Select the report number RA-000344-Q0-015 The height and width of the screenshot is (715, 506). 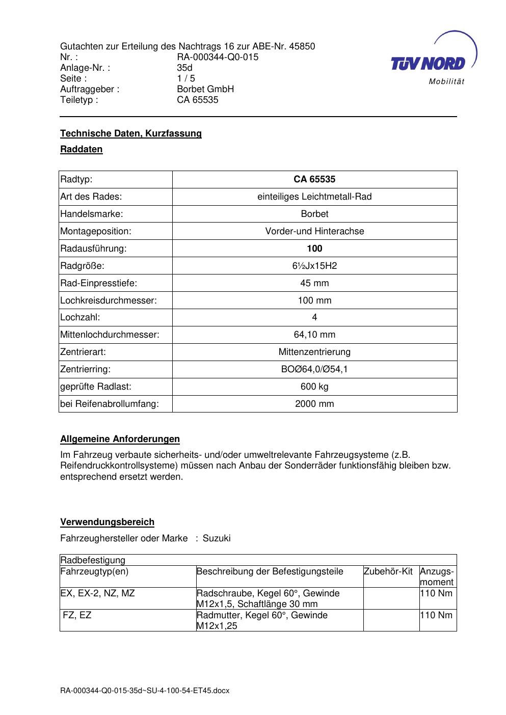218,57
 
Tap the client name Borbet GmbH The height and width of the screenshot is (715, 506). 205,89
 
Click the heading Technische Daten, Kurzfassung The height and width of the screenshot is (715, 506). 131,133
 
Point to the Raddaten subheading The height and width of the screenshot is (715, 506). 82,149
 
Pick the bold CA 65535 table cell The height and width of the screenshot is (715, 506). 314,179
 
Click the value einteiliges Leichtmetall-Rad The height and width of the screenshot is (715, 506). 314,197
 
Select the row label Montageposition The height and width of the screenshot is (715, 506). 96,231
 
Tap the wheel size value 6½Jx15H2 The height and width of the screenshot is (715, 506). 314,266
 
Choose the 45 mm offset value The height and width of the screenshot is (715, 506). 314,283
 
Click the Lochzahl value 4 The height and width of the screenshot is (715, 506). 314,317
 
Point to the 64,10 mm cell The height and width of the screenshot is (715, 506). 314,335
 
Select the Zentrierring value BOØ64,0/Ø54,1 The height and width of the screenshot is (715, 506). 314,369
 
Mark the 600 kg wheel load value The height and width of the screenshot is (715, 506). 314,387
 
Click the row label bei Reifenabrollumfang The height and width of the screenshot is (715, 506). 110,404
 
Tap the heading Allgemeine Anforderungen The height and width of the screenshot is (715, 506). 120,439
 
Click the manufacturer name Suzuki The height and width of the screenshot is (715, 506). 217,538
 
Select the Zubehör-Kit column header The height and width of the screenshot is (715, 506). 388,571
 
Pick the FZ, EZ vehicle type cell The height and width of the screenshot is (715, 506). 77,615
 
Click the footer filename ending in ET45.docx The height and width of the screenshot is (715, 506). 145,691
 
